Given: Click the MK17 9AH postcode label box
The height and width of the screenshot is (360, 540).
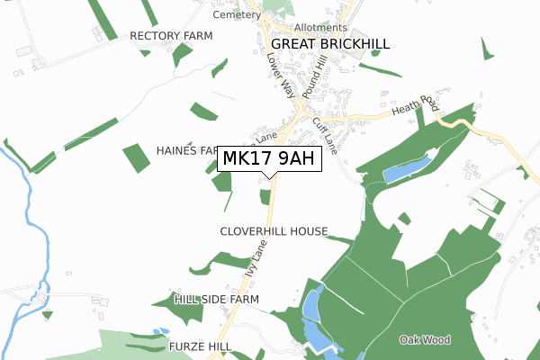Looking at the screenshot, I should pyautogui.click(x=268, y=159).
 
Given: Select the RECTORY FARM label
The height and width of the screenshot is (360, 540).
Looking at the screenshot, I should pyautogui.click(x=171, y=36).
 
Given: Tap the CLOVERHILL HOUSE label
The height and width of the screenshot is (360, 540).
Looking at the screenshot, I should pyautogui.click(x=274, y=231).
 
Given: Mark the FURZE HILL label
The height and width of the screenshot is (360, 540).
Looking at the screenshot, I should pyautogui.click(x=200, y=346).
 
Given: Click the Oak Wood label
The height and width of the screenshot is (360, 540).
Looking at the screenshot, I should pyautogui.click(x=425, y=339).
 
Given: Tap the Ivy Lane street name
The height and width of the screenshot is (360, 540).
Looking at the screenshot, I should pyautogui.click(x=256, y=261).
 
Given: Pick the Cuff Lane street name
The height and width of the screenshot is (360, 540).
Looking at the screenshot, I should pyautogui.click(x=324, y=135).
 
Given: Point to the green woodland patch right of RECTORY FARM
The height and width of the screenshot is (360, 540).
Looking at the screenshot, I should pyautogui.click(x=183, y=54).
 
